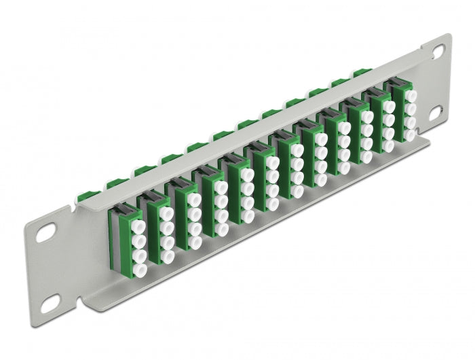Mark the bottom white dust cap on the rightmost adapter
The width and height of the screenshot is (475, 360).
coord(410,135)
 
